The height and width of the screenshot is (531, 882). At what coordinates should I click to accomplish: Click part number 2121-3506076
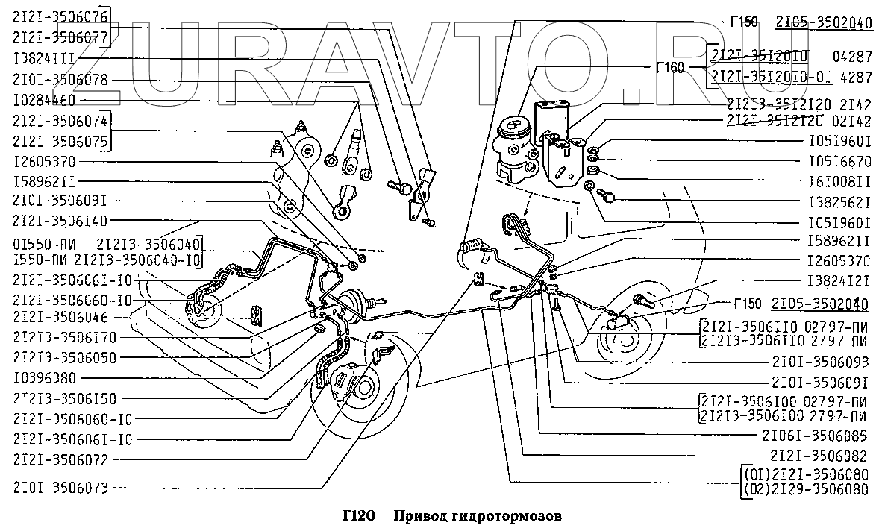point(60,16)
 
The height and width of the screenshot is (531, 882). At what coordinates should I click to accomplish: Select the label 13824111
point(44,56)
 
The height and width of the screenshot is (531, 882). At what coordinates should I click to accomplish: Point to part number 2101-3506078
point(60,79)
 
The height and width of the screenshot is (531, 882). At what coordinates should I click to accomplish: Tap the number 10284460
point(44,99)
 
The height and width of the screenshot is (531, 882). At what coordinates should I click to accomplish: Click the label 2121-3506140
point(60,220)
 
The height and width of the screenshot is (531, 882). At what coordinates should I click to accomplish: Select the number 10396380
point(44,379)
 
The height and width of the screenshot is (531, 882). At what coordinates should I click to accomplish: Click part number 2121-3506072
point(60,459)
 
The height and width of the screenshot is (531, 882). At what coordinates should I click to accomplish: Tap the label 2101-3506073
point(60,488)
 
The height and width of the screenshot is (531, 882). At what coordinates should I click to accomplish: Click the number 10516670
point(839,161)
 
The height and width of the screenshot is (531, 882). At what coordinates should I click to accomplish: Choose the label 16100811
point(839,181)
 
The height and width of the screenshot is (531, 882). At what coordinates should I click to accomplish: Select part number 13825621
point(839,201)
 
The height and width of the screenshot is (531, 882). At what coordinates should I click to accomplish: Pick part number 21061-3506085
point(814,435)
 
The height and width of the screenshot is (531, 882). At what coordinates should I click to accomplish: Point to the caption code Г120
point(357,516)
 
